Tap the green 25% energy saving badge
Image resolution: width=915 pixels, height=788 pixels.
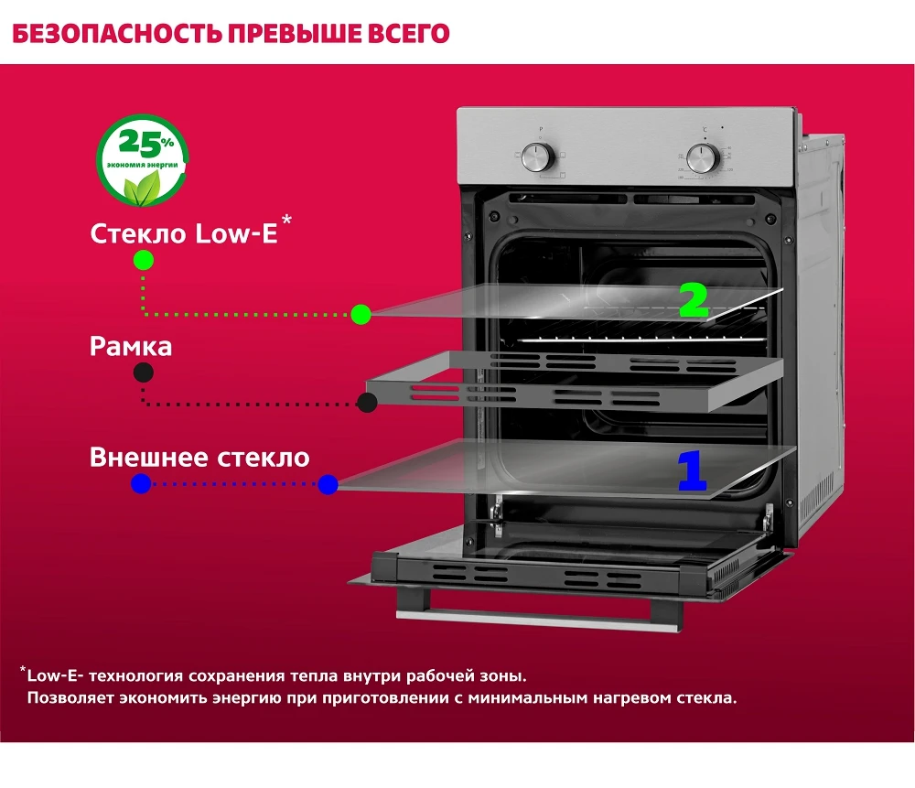[x=142, y=160]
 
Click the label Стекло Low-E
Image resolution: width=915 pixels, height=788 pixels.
[x=183, y=233]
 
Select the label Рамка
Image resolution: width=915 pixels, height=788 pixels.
[x=131, y=347]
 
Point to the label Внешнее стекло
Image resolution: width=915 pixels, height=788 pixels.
[x=199, y=458]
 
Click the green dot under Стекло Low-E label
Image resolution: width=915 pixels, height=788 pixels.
[x=144, y=260]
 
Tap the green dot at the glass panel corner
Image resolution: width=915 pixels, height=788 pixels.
[x=361, y=315]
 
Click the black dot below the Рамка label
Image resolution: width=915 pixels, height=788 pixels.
[x=143, y=372]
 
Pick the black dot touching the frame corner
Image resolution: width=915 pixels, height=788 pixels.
[x=367, y=402]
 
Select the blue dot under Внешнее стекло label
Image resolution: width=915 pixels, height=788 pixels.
[x=141, y=484]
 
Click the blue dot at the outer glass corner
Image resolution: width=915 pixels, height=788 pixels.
[x=328, y=484]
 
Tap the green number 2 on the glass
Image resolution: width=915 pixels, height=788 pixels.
[x=694, y=300]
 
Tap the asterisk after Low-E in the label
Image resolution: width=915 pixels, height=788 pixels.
[x=287, y=221]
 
